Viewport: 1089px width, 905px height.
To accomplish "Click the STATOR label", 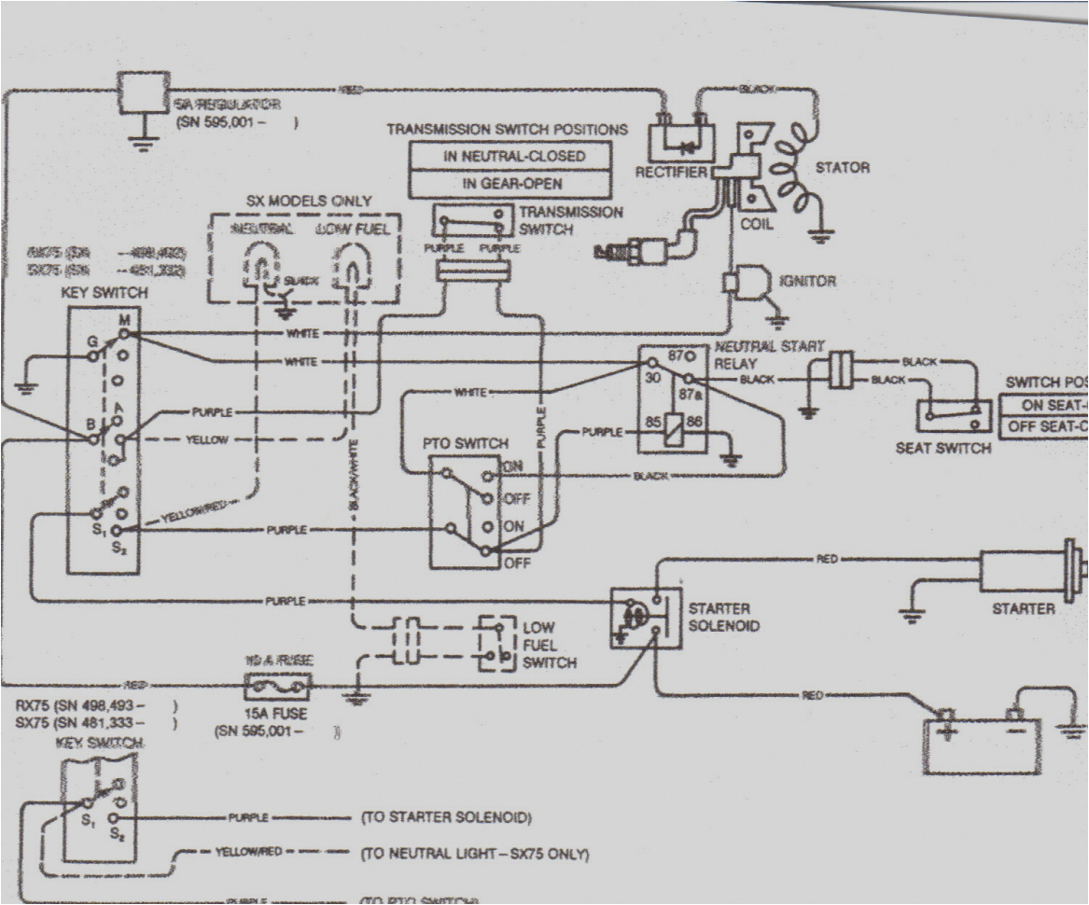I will click(x=843, y=168).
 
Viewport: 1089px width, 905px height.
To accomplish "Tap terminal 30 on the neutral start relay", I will click(x=652, y=378).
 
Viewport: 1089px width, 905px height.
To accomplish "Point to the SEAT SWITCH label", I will click(x=942, y=448).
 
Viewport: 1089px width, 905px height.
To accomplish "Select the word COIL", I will click(x=756, y=224).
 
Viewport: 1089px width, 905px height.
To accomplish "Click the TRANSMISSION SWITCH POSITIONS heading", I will click(x=507, y=129).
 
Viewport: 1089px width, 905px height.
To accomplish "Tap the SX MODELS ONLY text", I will click(x=308, y=201).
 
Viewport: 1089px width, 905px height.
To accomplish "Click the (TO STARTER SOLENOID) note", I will click(x=445, y=818).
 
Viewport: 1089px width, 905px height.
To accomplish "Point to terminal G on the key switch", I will click(x=91, y=342).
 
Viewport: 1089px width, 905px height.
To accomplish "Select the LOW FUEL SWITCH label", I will click(x=549, y=645).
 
